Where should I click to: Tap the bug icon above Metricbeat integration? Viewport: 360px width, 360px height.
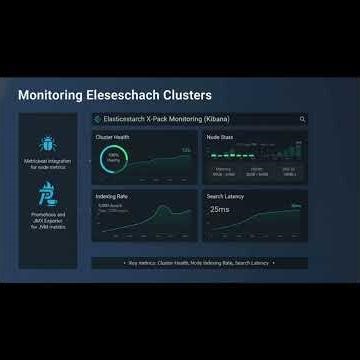(x=48, y=142)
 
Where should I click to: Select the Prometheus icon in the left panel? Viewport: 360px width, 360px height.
(x=48, y=192)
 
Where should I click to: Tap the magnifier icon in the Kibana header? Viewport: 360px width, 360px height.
(x=303, y=119)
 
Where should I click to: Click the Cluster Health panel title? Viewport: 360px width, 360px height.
(x=113, y=136)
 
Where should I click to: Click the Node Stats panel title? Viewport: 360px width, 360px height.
(x=220, y=136)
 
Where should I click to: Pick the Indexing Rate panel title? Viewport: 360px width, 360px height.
(x=112, y=196)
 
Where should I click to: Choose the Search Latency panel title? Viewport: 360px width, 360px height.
(x=226, y=196)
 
